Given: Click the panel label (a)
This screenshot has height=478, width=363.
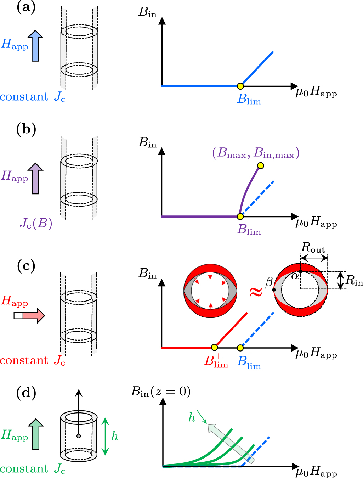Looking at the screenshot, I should tap(26, 7).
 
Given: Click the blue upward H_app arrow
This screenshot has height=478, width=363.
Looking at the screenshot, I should tap(35, 46).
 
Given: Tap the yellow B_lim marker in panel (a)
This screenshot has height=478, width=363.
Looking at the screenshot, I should tap(240, 86).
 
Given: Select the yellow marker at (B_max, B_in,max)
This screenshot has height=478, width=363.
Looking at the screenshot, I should tap(261, 165).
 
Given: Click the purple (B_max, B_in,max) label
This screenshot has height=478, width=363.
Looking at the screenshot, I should tap(256, 153).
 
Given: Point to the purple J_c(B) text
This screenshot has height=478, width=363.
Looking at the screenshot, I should tap(36, 224).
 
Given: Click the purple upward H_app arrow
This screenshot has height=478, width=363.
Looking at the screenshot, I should tap(35, 179).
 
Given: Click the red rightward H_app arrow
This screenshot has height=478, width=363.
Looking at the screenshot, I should tap(30, 315).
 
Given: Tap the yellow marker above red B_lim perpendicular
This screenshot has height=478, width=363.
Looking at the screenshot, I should tap(214, 347).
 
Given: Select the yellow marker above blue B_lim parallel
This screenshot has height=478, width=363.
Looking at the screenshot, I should tap(240, 348).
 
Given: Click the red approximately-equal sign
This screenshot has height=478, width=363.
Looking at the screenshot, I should tap(256, 292).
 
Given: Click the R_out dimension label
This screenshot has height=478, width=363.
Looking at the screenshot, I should tap(313, 248).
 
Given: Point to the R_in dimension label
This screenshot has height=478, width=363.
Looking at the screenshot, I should tap(354, 281).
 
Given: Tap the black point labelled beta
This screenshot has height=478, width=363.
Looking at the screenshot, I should tap(274, 290).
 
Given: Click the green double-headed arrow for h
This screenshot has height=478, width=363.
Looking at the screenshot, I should tap(105, 436).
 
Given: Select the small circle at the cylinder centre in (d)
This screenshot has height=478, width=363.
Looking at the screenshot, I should tap(79, 436).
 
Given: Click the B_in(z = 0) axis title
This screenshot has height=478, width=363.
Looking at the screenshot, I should tap(161, 391).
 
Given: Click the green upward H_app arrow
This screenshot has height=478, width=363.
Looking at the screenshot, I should tap(35, 434).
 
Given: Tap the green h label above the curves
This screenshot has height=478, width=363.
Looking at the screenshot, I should tap(192, 418).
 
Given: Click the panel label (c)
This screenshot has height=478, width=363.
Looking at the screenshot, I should tap(26, 266).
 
